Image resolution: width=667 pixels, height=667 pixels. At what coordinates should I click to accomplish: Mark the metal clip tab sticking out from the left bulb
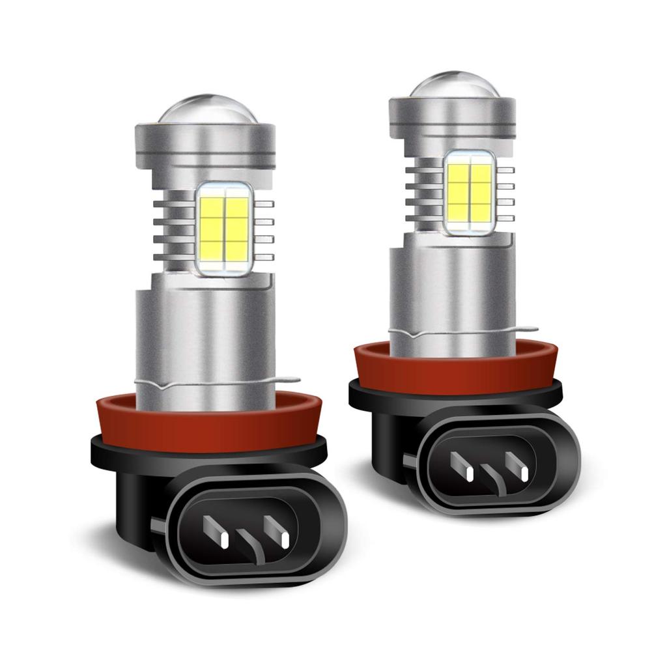click(x=290, y=380)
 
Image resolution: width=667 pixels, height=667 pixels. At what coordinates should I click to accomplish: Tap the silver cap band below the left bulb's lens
click(x=204, y=140)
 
